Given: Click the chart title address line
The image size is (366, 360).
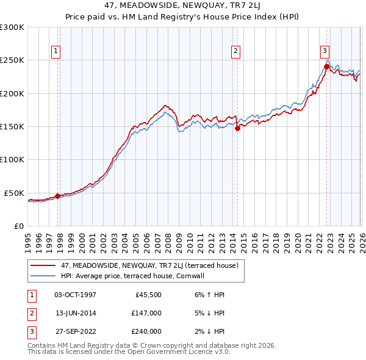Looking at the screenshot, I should click(182, 7).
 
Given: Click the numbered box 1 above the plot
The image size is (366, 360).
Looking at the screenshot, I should click(56, 51).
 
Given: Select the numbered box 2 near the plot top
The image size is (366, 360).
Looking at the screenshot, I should click(235, 51).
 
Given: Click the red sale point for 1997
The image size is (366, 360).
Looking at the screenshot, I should click(58, 196).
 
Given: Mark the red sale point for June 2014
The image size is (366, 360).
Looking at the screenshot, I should click(237, 128).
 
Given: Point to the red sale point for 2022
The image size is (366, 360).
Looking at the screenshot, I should click(326, 67).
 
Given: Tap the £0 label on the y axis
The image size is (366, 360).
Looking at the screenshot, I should click(18, 226).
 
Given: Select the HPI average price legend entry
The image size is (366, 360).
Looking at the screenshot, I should click(135, 276).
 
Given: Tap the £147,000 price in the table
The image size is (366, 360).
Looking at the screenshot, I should click(146, 313).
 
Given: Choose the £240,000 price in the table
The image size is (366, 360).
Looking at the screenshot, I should click(146, 331).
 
